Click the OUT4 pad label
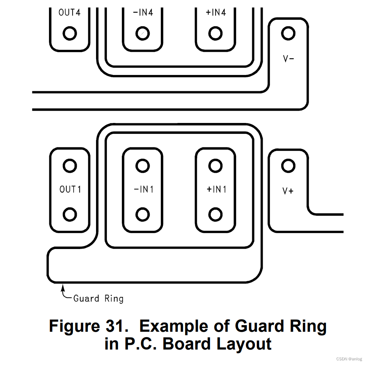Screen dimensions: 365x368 tap(69, 12)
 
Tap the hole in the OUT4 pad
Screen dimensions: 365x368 tap(69, 34)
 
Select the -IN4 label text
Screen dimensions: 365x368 tap(142, 12)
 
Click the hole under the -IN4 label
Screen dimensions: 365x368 tap(142, 34)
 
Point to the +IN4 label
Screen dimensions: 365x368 tap(216, 12)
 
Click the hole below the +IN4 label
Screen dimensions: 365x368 tap(216, 34)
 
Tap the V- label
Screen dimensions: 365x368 tap(289, 59)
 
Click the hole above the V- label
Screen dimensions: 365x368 tap(288, 34)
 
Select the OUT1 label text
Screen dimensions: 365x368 tap(70, 189)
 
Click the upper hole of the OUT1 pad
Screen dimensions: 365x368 tap(70, 166)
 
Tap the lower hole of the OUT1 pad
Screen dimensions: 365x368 tap(70, 214)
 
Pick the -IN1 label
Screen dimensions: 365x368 tap(143, 189)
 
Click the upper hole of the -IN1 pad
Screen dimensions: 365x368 tap(143, 166)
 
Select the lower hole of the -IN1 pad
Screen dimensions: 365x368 tap(143, 214)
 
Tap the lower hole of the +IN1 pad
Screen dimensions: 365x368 tap(216, 214)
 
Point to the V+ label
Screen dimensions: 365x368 tap(288, 191)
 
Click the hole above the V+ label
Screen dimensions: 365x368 tap(288, 166)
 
